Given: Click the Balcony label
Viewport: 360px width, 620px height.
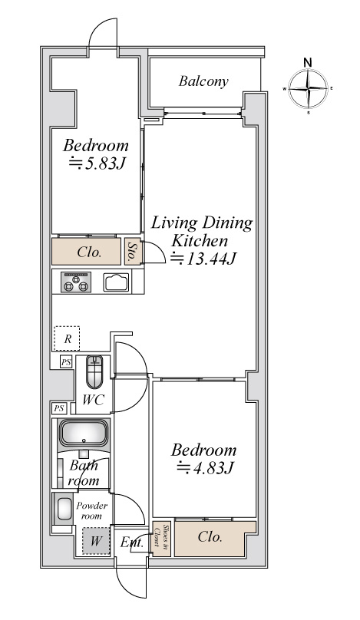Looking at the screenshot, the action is click(x=203, y=81).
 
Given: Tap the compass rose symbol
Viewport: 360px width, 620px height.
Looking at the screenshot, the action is click(x=308, y=89).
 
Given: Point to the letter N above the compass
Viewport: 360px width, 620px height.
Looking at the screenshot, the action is click(x=308, y=62).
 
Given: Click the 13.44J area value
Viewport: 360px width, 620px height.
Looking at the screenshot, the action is click(x=203, y=259).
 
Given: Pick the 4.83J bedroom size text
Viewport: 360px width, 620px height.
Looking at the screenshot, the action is click(x=205, y=468).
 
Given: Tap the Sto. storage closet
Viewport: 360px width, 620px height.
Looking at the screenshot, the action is click(x=130, y=251).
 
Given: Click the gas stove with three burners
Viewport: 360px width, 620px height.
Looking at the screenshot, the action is click(x=76, y=282).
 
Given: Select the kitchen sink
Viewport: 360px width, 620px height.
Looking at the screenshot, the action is click(x=116, y=282).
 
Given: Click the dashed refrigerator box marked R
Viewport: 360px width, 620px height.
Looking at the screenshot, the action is click(x=67, y=338).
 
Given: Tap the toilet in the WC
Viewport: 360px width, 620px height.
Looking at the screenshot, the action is click(x=94, y=371).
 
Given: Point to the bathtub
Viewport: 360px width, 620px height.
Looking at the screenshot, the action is click(x=84, y=433).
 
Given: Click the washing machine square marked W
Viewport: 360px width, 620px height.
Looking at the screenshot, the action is click(x=96, y=541).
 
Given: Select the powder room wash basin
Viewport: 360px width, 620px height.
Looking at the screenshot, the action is click(x=64, y=509).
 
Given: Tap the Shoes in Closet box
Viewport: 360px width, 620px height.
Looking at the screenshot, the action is click(x=162, y=539).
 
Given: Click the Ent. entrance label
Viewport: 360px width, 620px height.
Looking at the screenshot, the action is click(x=132, y=542).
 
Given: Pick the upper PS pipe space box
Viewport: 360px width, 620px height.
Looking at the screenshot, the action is click(x=66, y=361).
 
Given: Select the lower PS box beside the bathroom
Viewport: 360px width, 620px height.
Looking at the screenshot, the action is click(x=59, y=408).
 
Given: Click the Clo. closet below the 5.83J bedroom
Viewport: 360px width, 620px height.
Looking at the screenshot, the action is click(x=87, y=251).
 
